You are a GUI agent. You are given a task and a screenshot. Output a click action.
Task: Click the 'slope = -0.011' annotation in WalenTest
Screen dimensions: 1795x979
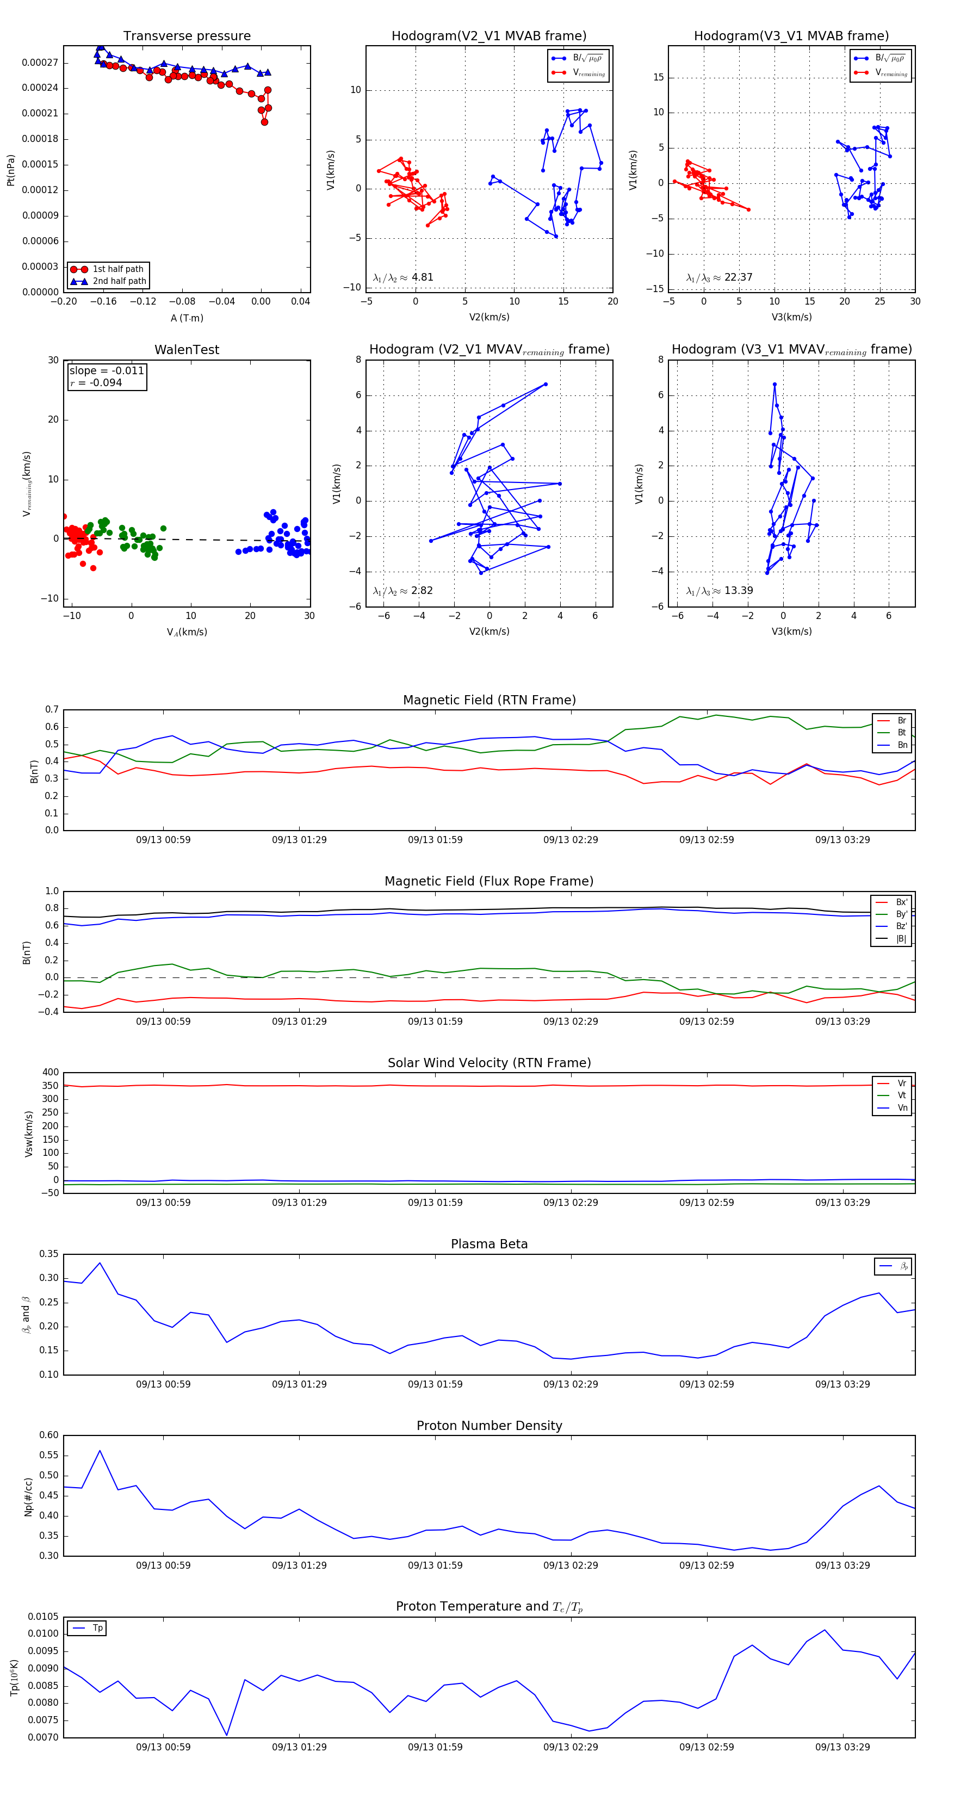pos(107,371)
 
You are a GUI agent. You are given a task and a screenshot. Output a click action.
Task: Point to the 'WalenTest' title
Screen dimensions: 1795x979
pos(187,350)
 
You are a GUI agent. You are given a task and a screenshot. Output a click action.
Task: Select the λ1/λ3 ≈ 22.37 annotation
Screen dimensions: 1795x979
pos(719,277)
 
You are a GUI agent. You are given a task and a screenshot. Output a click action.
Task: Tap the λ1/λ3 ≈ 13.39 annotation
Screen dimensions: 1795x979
pos(719,591)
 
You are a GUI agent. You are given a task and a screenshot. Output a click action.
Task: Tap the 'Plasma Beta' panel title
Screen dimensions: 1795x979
pos(489,1245)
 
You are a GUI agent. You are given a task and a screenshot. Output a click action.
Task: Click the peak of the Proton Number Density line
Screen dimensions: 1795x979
pos(100,1451)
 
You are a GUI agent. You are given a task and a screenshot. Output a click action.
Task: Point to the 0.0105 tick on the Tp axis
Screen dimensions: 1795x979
pos(43,1617)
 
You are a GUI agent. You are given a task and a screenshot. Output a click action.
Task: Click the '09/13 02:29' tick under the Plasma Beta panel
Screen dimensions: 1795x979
pos(571,1384)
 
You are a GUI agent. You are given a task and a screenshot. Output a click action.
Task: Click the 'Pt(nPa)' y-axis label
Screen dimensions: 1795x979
pos(10,170)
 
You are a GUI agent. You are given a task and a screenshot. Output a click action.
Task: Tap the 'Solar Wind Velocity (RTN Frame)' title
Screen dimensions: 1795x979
pos(489,1063)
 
